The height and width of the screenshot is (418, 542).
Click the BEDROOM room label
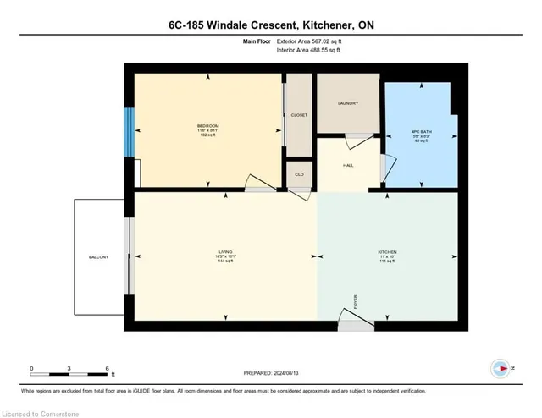(207, 126)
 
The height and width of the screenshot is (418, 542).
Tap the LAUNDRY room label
(348, 104)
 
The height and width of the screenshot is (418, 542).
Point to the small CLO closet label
(299, 173)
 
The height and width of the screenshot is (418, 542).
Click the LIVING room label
(224, 251)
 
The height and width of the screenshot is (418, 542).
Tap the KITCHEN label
(387, 252)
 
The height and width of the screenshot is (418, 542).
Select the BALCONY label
(98, 257)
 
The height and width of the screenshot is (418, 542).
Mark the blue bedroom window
(129, 131)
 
